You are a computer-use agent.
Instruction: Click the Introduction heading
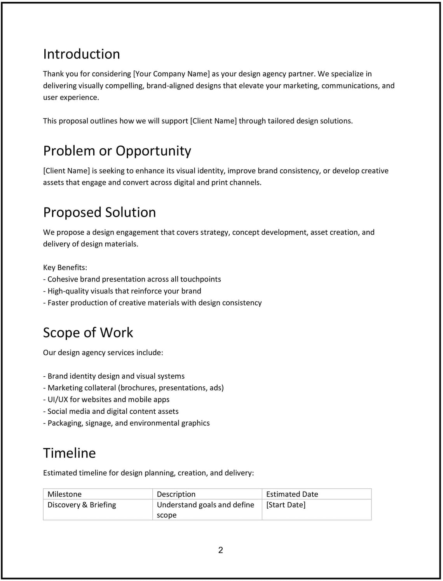tap(81, 54)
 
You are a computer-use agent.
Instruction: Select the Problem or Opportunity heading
tap(117, 151)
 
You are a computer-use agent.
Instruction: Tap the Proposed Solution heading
tap(99, 212)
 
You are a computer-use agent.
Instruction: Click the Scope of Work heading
tap(88, 333)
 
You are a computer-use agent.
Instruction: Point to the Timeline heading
tap(69, 453)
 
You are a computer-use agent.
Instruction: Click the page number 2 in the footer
tap(221, 550)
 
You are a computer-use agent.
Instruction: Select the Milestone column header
tap(65, 494)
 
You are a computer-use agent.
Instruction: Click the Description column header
tap(176, 494)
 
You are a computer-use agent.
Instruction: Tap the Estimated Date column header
tap(292, 494)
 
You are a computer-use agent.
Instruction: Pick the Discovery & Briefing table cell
tap(82, 505)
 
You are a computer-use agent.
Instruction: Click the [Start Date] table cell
tap(286, 505)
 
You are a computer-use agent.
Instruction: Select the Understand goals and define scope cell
tap(205, 510)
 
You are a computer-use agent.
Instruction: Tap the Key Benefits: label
tap(65, 267)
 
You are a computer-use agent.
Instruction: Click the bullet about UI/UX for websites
tap(106, 400)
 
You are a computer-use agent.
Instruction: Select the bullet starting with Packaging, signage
tap(126, 423)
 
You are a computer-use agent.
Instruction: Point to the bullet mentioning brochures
tap(133, 388)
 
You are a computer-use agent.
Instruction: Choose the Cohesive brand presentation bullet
tap(132, 279)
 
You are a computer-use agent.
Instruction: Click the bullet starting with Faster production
tap(152, 303)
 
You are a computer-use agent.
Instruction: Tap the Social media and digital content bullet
tap(111, 411)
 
